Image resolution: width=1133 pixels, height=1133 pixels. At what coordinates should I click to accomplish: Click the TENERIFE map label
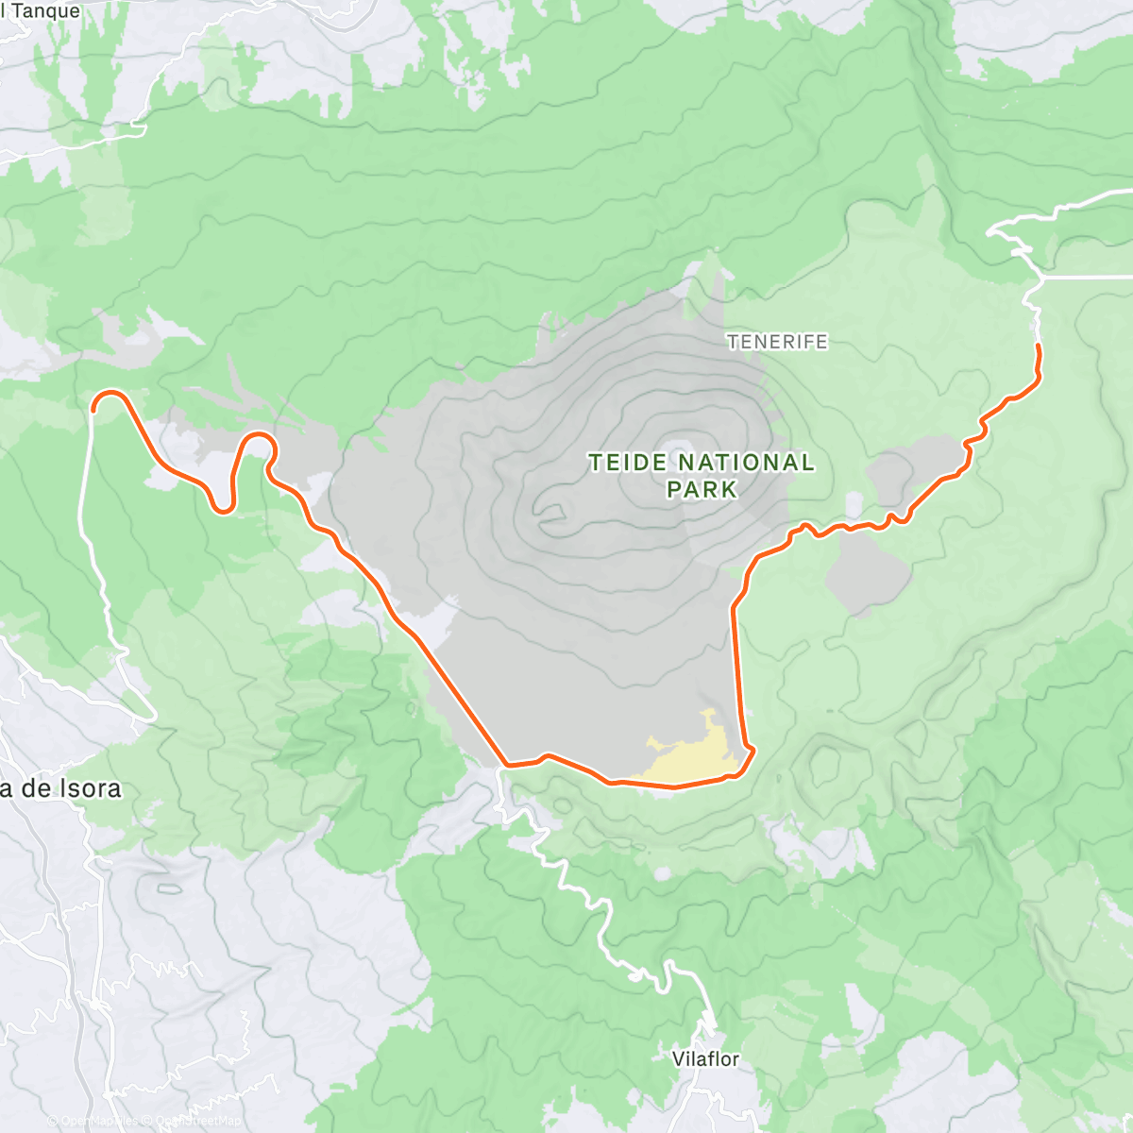click(777, 342)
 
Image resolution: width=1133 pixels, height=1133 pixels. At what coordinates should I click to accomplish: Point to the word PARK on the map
click(701, 489)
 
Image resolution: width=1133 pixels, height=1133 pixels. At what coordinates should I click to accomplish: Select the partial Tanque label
click(42, 11)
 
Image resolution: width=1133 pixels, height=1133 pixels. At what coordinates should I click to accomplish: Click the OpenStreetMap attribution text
click(194, 1121)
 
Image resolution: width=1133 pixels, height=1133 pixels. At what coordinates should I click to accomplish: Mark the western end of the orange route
click(94, 409)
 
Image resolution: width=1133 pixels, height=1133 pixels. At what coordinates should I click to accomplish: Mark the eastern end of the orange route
click(1039, 347)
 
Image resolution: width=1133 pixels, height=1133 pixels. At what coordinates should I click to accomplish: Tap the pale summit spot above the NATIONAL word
click(678, 448)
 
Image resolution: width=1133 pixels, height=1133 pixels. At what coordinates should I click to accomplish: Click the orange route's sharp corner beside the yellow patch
click(753, 751)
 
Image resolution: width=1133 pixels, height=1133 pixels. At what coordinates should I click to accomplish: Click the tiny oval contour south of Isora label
click(170, 888)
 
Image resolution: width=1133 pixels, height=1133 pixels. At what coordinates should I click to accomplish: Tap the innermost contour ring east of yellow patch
click(824, 761)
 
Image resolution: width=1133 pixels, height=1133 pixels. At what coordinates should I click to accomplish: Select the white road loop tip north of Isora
click(151, 718)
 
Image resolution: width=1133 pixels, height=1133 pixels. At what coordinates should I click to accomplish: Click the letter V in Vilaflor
click(678, 1058)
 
